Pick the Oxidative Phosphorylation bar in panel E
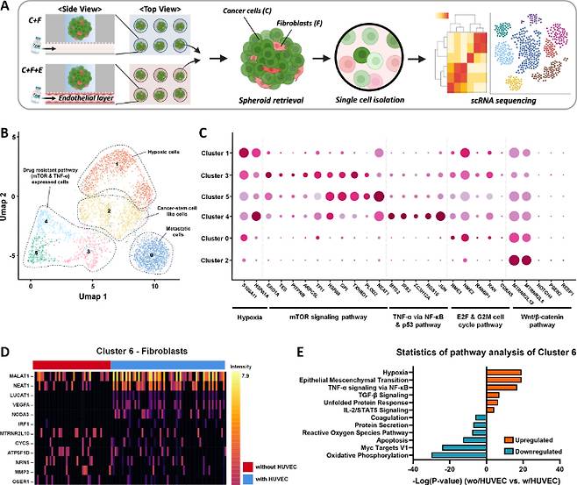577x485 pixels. [465, 454]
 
